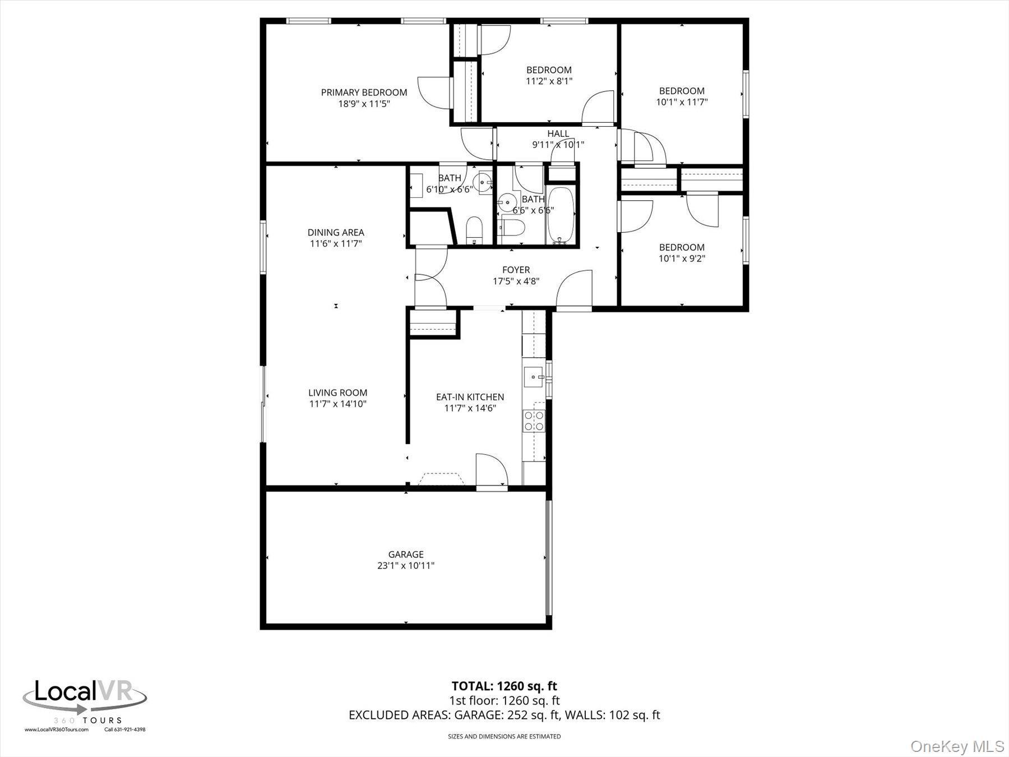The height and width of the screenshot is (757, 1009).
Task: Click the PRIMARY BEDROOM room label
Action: [364, 93]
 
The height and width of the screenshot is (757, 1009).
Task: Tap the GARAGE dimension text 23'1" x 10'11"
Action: [406, 566]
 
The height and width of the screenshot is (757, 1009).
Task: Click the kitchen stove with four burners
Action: [534, 421]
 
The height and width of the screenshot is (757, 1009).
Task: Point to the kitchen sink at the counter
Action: [533, 377]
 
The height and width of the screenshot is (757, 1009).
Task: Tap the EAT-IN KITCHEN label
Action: [470, 397]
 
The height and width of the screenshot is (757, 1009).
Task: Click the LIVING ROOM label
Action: [337, 393]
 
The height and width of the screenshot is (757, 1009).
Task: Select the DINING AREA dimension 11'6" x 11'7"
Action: [336, 243]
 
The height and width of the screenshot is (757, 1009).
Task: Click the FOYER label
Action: [516, 270]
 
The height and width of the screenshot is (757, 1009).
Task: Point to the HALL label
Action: [558, 133]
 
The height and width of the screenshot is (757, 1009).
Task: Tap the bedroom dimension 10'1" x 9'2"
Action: [682, 259]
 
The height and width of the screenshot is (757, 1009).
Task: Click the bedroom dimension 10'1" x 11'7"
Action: [682, 102]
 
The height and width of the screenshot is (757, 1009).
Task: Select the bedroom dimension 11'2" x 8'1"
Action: [549, 81]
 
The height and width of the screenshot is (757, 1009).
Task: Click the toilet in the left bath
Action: [474, 230]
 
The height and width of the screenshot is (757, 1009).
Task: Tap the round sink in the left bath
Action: [483, 182]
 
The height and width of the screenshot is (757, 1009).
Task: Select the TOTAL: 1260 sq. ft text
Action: [504, 686]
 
